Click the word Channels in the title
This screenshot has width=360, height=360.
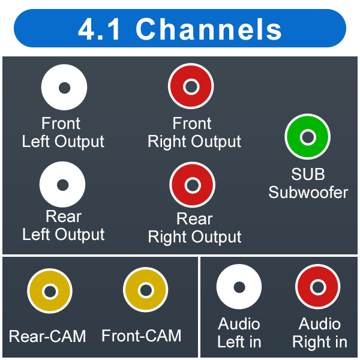pos(209,29)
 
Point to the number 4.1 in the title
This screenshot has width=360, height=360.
pos(99,29)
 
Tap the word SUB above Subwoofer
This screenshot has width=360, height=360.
pos(308,174)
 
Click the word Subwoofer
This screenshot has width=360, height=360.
pos(308,192)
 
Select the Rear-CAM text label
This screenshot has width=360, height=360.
pos(47,336)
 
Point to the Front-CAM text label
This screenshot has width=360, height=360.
pos(142,335)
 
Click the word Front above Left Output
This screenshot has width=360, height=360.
pos(61,123)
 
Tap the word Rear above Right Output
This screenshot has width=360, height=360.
pos(194,218)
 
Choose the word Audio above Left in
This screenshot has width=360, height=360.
pos(239,324)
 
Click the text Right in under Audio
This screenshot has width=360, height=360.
pos(320,342)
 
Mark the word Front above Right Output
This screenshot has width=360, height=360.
pos(192,123)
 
